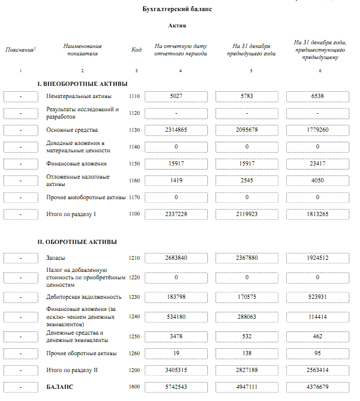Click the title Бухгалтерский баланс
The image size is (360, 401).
tap(177, 9)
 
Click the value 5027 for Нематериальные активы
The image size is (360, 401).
tap(176, 96)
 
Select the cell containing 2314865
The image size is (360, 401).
tap(176, 130)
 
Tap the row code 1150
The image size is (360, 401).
tap(135, 164)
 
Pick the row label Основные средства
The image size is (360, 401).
tap(72, 130)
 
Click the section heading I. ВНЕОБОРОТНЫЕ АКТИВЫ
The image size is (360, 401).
tap(83, 84)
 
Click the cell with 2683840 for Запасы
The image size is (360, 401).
tap(176, 258)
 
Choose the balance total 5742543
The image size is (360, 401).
tap(176, 387)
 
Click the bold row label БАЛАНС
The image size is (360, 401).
tap(60, 387)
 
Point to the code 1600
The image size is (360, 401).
tap(135, 387)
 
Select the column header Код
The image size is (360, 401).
tap(136, 50)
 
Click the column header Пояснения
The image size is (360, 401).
tap(20, 50)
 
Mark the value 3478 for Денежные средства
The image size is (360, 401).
tap(176, 336)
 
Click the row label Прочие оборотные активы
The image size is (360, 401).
tap(82, 353)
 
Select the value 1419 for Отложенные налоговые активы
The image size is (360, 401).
tap(176, 181)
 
